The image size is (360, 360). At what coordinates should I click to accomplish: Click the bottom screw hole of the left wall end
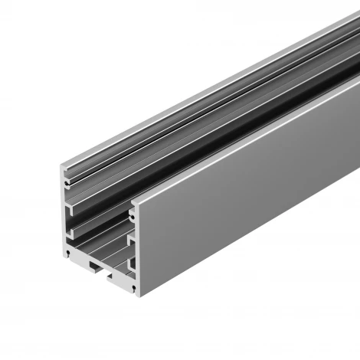pyautogui.click(x=69, y=250)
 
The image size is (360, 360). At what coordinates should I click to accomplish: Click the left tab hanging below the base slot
pyautogui.click(x=90, y=265)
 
